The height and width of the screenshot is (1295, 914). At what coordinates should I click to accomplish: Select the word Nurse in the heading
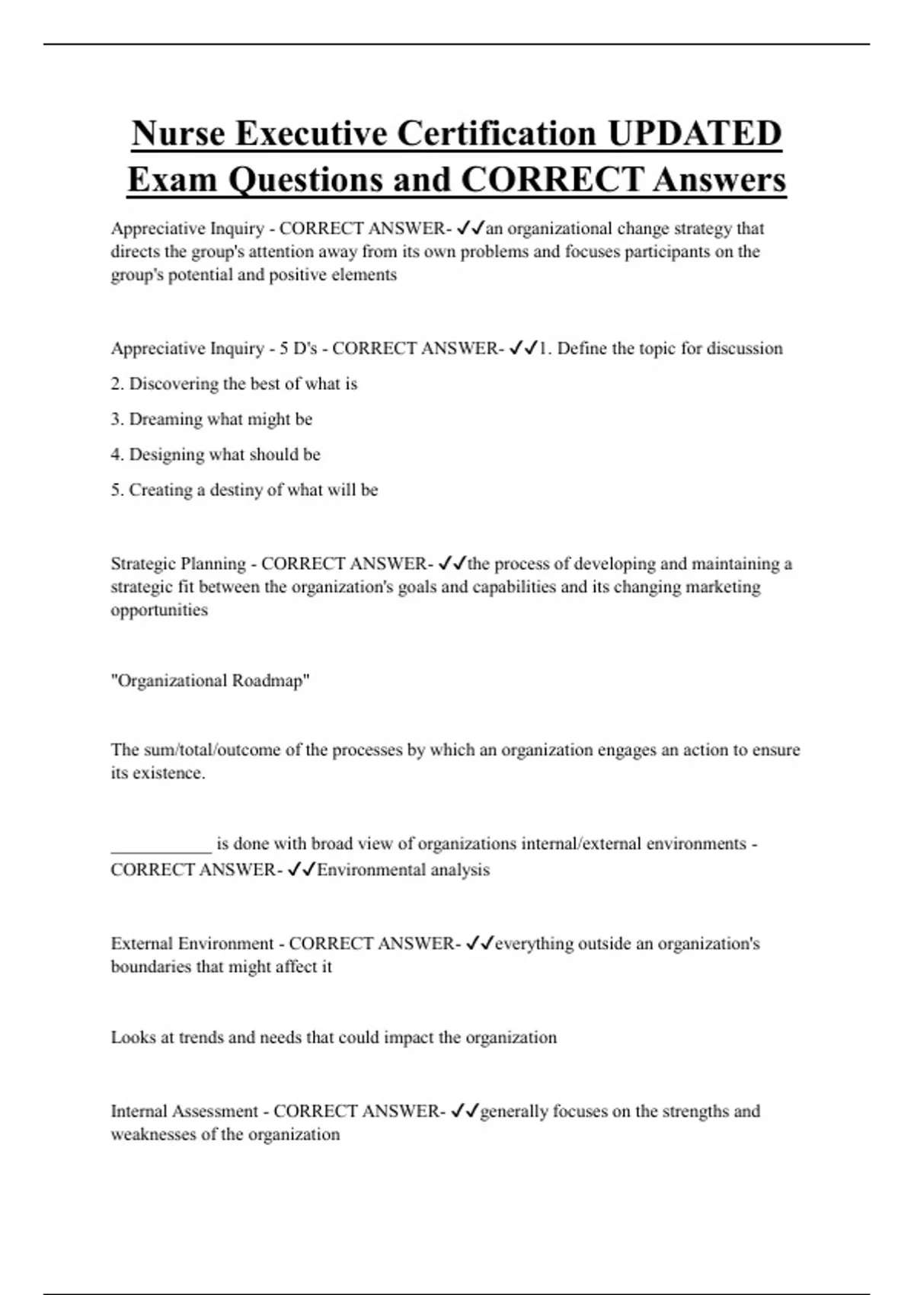(178, 133)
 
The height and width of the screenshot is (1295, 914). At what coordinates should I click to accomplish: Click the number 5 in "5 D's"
(284, 348)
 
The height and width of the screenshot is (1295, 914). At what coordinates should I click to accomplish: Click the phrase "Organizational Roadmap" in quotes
(210, 680)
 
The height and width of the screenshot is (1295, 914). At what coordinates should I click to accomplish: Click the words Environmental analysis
(403, 870)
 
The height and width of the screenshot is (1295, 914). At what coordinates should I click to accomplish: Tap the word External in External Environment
(142, 944)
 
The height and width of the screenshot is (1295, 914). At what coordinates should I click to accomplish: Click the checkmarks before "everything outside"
(480, 944)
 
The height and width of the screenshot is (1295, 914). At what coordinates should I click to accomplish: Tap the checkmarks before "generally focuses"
(465, 1111)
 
